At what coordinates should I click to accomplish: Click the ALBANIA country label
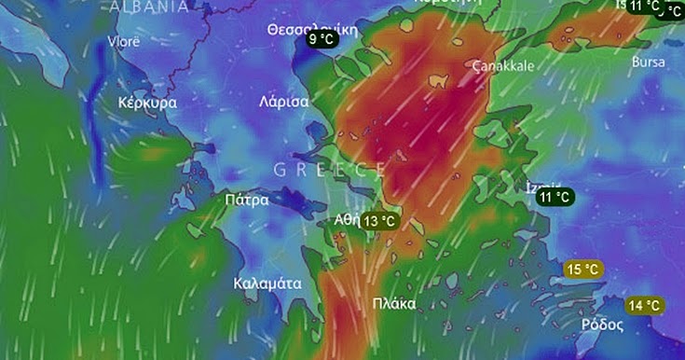tap(148, 7)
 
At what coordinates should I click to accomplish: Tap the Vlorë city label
tap(124, 42)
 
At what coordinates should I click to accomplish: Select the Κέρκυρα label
tap(148, 103)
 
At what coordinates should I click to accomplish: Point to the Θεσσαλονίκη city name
tap(312, 29)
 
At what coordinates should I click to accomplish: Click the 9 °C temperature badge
tap(322, 39)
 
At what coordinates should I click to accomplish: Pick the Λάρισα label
tap(284, 103)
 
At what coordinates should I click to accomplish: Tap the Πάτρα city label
tap(247, 200)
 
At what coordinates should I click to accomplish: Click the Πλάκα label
tap(394, 303)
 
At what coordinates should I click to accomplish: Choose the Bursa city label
tap(648, 62)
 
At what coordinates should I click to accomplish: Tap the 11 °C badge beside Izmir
tap(555, 197)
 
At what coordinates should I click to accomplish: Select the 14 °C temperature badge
tap(645, 306)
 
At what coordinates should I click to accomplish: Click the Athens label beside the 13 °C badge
tap(345, 220)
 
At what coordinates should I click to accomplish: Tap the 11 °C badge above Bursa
tap(643, 6)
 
